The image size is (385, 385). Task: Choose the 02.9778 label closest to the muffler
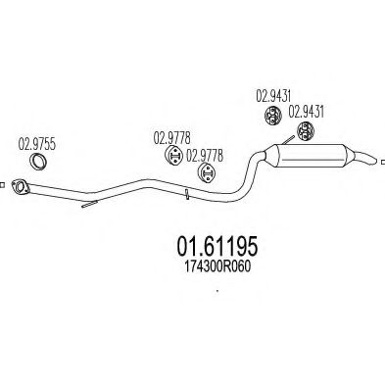tap(206, 154)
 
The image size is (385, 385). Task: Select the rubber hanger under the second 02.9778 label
tap(207, 174)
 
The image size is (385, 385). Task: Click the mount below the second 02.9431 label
tap(305, 133)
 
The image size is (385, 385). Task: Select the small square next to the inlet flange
tap(4, 183)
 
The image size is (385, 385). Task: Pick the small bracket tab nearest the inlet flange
tap(87, 206)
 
